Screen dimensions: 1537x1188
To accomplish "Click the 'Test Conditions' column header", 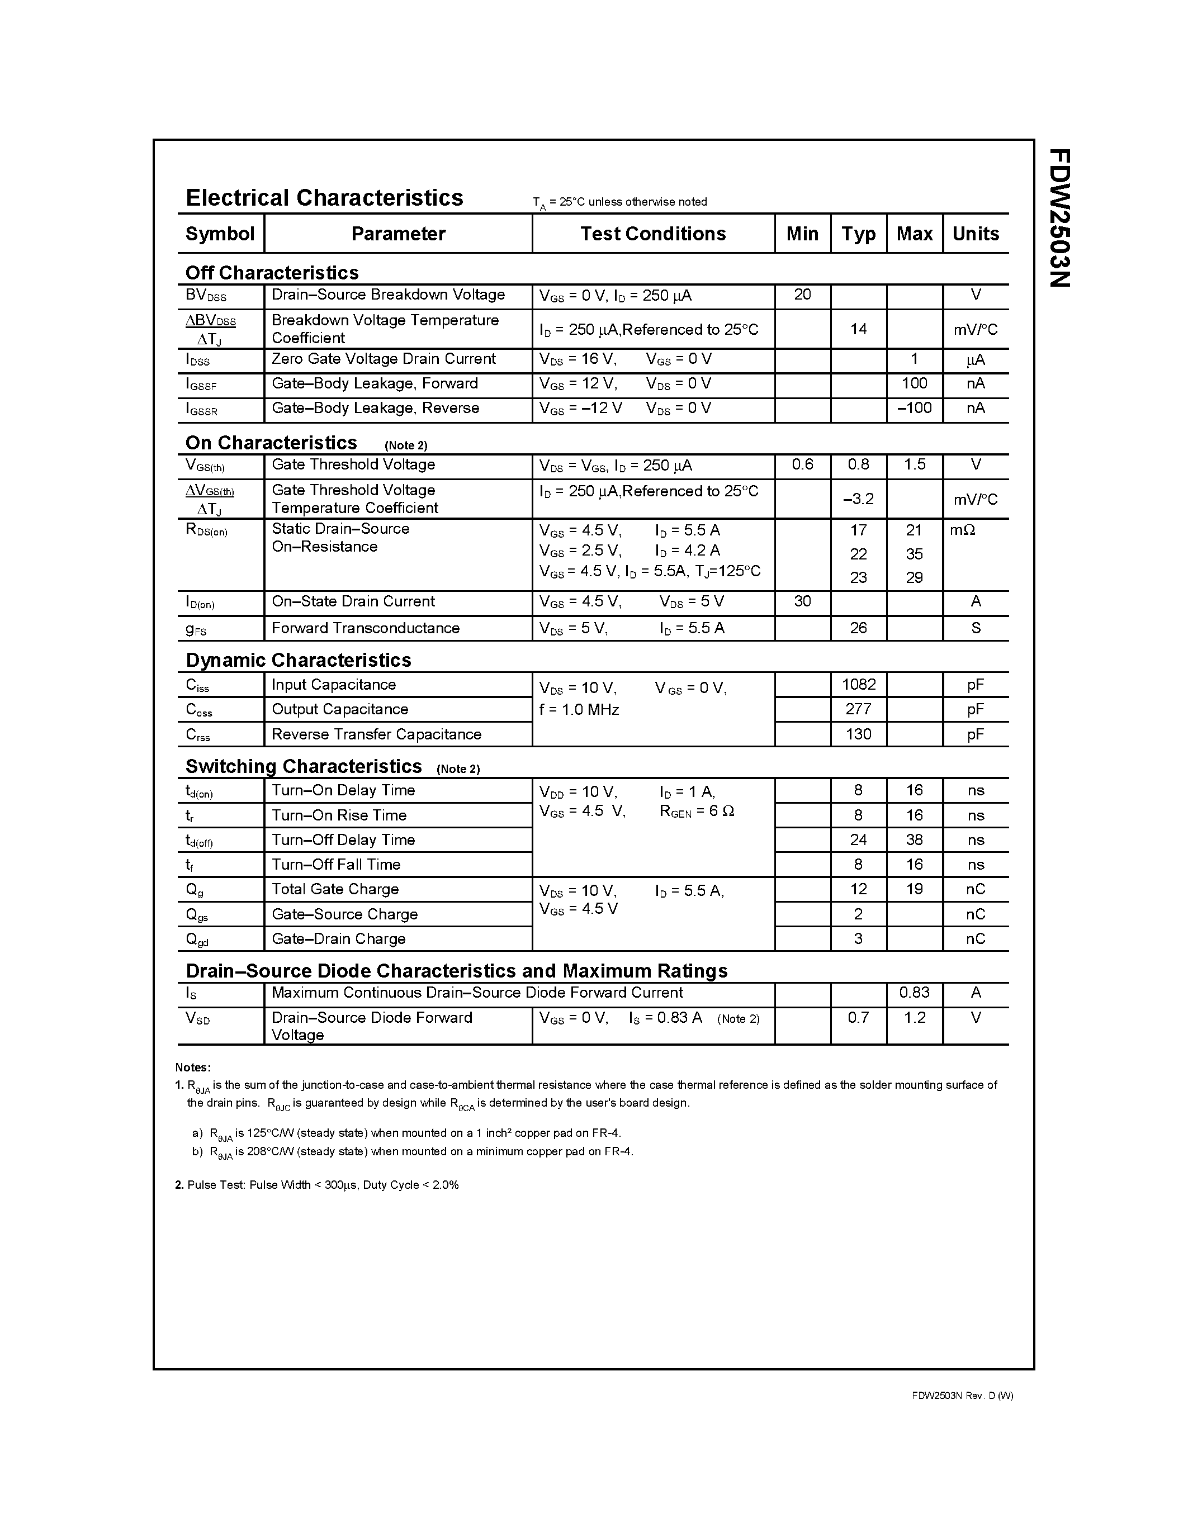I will tap(652, 234).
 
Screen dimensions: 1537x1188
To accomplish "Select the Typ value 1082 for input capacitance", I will tap(858, 684).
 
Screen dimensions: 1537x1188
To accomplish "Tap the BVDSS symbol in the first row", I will tap(206, 296).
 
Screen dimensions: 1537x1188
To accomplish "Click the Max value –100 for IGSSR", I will tap(914, 408).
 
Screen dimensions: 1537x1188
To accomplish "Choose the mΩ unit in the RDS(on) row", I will tap(962, 530).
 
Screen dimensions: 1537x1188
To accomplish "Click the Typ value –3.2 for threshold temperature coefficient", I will tap(858, 499).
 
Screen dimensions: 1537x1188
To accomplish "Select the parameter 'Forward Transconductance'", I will tap(365, 628).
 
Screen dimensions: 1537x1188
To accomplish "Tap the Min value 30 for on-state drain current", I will tap(802, 601).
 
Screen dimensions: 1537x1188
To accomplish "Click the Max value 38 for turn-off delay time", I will tap(914, 839).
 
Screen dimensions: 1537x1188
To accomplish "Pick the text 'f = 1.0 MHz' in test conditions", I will tap(579, 709).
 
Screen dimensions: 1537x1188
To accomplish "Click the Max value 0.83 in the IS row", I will tap(914, 992).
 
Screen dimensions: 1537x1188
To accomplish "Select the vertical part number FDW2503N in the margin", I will tap(1059, 217).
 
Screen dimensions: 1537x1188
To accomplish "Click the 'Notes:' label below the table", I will tap(193, 1067).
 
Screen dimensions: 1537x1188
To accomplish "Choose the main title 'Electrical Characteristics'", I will tap(324, 198).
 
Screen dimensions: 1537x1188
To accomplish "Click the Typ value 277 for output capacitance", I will tap(858, 709).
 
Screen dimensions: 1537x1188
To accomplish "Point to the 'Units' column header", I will tap(976, 234).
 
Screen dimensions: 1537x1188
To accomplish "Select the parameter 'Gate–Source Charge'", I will tap(344, 914).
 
